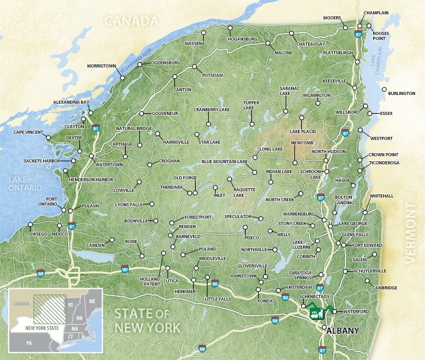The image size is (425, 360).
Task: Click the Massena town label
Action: (195, 44)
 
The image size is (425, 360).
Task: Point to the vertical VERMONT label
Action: (411, 234)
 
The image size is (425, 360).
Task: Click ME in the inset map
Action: (92, 301)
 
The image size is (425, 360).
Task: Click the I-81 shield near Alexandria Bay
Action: (96, 127)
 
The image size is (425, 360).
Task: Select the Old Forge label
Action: (186, 178)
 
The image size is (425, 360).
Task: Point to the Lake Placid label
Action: (303, 132)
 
